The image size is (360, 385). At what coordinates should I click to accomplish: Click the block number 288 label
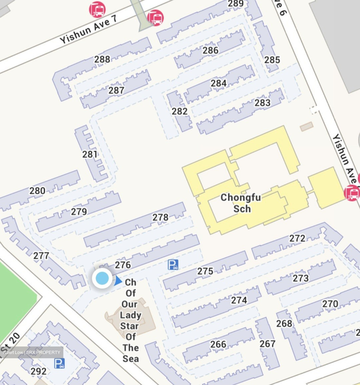102,59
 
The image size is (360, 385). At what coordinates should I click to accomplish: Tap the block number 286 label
210,50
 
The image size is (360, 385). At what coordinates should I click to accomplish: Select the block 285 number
272,60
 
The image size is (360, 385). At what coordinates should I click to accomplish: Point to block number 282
180,111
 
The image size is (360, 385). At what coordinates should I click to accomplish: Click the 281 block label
90,154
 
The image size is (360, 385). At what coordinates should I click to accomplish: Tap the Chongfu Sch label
241,203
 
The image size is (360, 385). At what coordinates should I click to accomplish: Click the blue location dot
102,278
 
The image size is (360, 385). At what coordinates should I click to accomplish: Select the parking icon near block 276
173,265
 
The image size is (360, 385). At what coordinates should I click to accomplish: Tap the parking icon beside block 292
59,363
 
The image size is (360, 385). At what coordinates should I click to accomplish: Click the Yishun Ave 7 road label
88,29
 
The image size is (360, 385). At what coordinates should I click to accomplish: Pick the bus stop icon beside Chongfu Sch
352,193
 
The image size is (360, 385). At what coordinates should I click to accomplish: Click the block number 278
160,217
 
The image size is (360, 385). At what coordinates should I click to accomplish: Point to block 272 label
297,238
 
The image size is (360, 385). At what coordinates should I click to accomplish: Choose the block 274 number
239,300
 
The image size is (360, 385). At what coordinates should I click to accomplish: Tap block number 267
268,344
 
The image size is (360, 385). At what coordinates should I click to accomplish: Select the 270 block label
330,304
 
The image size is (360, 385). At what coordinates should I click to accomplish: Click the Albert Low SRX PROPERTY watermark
32,352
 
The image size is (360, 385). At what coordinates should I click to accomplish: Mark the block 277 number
41,256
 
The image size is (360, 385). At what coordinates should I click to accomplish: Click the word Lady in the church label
130,315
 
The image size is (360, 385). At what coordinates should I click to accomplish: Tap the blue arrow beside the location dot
118,281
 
